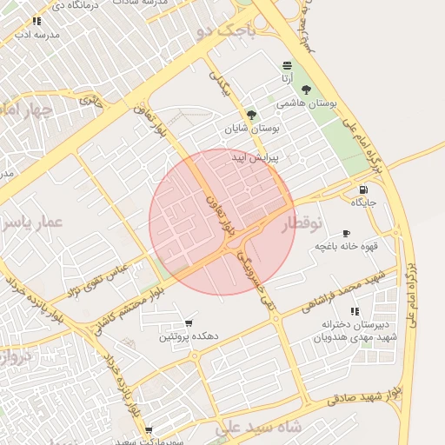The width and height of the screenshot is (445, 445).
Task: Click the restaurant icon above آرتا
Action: [287, 66]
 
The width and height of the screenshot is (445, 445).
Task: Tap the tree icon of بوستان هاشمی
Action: [305, 90]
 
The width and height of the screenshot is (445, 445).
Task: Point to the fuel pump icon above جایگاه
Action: [362, 190]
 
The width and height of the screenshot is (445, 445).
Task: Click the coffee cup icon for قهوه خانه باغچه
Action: [346, 234]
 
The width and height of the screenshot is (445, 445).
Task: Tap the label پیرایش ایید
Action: [253, 159]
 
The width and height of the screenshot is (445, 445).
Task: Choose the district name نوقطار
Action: [302, 223]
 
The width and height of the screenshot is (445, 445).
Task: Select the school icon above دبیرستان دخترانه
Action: [354, 310]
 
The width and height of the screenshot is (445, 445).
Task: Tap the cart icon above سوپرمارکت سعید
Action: [149, 430]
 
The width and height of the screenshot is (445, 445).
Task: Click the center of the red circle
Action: [222, 222]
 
